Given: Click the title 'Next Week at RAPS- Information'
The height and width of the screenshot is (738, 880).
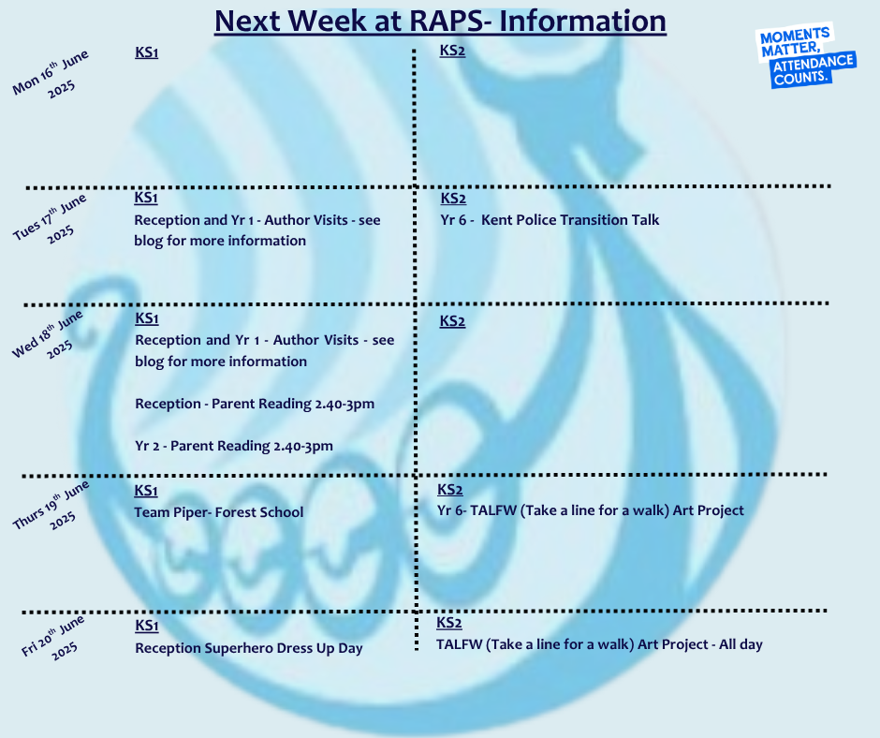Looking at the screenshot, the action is [x=441, y=22].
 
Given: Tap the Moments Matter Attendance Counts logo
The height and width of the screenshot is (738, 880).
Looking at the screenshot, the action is [x=805, y=55].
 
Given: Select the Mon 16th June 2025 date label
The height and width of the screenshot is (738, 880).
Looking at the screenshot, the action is [x=51, y=74].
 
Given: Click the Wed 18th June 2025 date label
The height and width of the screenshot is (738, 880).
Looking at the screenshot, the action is [x=49, y=334].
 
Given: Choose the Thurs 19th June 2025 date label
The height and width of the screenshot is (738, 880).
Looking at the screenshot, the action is [x=51, y=506].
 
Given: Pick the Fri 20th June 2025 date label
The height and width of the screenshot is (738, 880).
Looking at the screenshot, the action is [x=53, y=638].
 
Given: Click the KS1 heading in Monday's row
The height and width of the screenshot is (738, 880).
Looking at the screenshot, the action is [x=146, y=52].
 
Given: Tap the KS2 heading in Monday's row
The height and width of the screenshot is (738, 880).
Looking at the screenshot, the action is [x=452, y=52].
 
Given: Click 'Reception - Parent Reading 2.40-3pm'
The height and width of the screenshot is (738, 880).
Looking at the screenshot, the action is [x=255, y=404].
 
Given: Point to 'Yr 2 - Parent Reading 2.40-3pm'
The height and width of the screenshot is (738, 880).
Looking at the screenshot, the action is [x=234, y=446].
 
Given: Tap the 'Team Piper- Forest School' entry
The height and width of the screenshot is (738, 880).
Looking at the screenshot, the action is [x=219, y=512].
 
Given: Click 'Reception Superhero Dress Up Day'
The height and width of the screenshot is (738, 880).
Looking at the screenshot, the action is [x=249, y=648].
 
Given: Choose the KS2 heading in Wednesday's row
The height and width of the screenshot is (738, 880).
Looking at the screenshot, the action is [x=452, y=321].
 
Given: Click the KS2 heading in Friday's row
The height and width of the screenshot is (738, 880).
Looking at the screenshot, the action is [x=449, y=623].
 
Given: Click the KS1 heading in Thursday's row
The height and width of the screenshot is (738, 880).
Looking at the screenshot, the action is [x=146, y=491].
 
